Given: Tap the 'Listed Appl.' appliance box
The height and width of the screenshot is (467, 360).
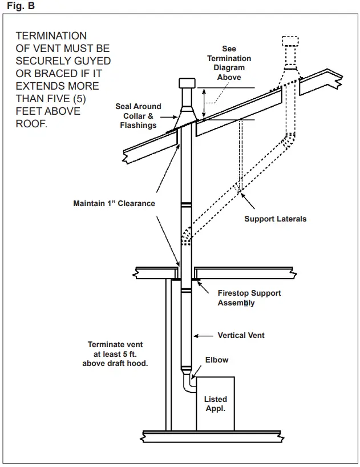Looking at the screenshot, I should (216, 403).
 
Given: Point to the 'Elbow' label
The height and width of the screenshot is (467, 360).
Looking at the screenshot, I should (217, 360).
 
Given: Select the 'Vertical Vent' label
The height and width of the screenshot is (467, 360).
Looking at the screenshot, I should (241, 335).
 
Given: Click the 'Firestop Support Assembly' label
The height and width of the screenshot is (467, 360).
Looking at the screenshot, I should (249, 298).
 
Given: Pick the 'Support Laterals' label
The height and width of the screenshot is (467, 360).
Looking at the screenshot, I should (275, 219).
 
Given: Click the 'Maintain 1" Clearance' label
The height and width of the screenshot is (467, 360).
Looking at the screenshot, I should (114, 203).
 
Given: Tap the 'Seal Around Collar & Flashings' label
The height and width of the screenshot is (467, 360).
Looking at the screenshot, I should (138, 116).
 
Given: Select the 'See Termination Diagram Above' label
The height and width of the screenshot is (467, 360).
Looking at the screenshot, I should (229, 63).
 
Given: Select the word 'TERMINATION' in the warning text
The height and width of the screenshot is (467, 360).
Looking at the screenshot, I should (51, 36).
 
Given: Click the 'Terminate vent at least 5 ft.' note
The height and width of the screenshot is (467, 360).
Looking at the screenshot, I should (115, 353).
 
